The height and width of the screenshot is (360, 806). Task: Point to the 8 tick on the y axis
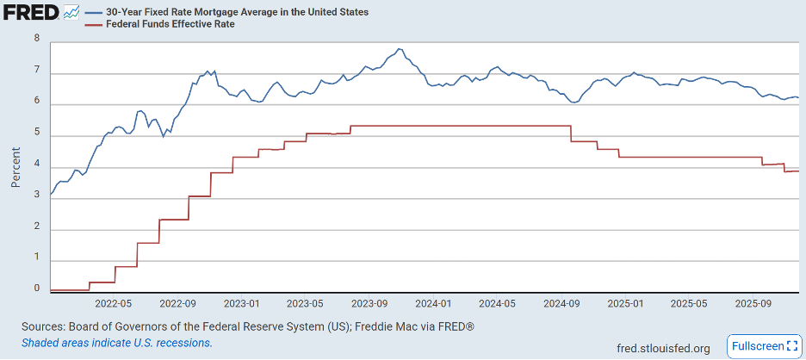click(x=36, y=38)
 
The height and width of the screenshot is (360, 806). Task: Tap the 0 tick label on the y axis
click(x=36, y=289)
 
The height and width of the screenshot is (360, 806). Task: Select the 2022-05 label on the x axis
click(x=113, y=304)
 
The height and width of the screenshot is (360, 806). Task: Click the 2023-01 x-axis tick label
click(x=241, y=304)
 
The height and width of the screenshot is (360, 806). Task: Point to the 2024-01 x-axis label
click(x=433, y=304)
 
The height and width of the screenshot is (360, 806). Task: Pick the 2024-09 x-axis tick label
click(x=561, y=304)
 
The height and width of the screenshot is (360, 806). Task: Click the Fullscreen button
click(x=764, y=346)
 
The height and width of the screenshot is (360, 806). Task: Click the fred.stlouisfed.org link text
click(x=664, y=348)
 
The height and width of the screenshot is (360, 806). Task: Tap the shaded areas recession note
click(x=117, y=343)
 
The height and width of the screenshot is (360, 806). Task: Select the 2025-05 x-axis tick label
click(x=689, y=304)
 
